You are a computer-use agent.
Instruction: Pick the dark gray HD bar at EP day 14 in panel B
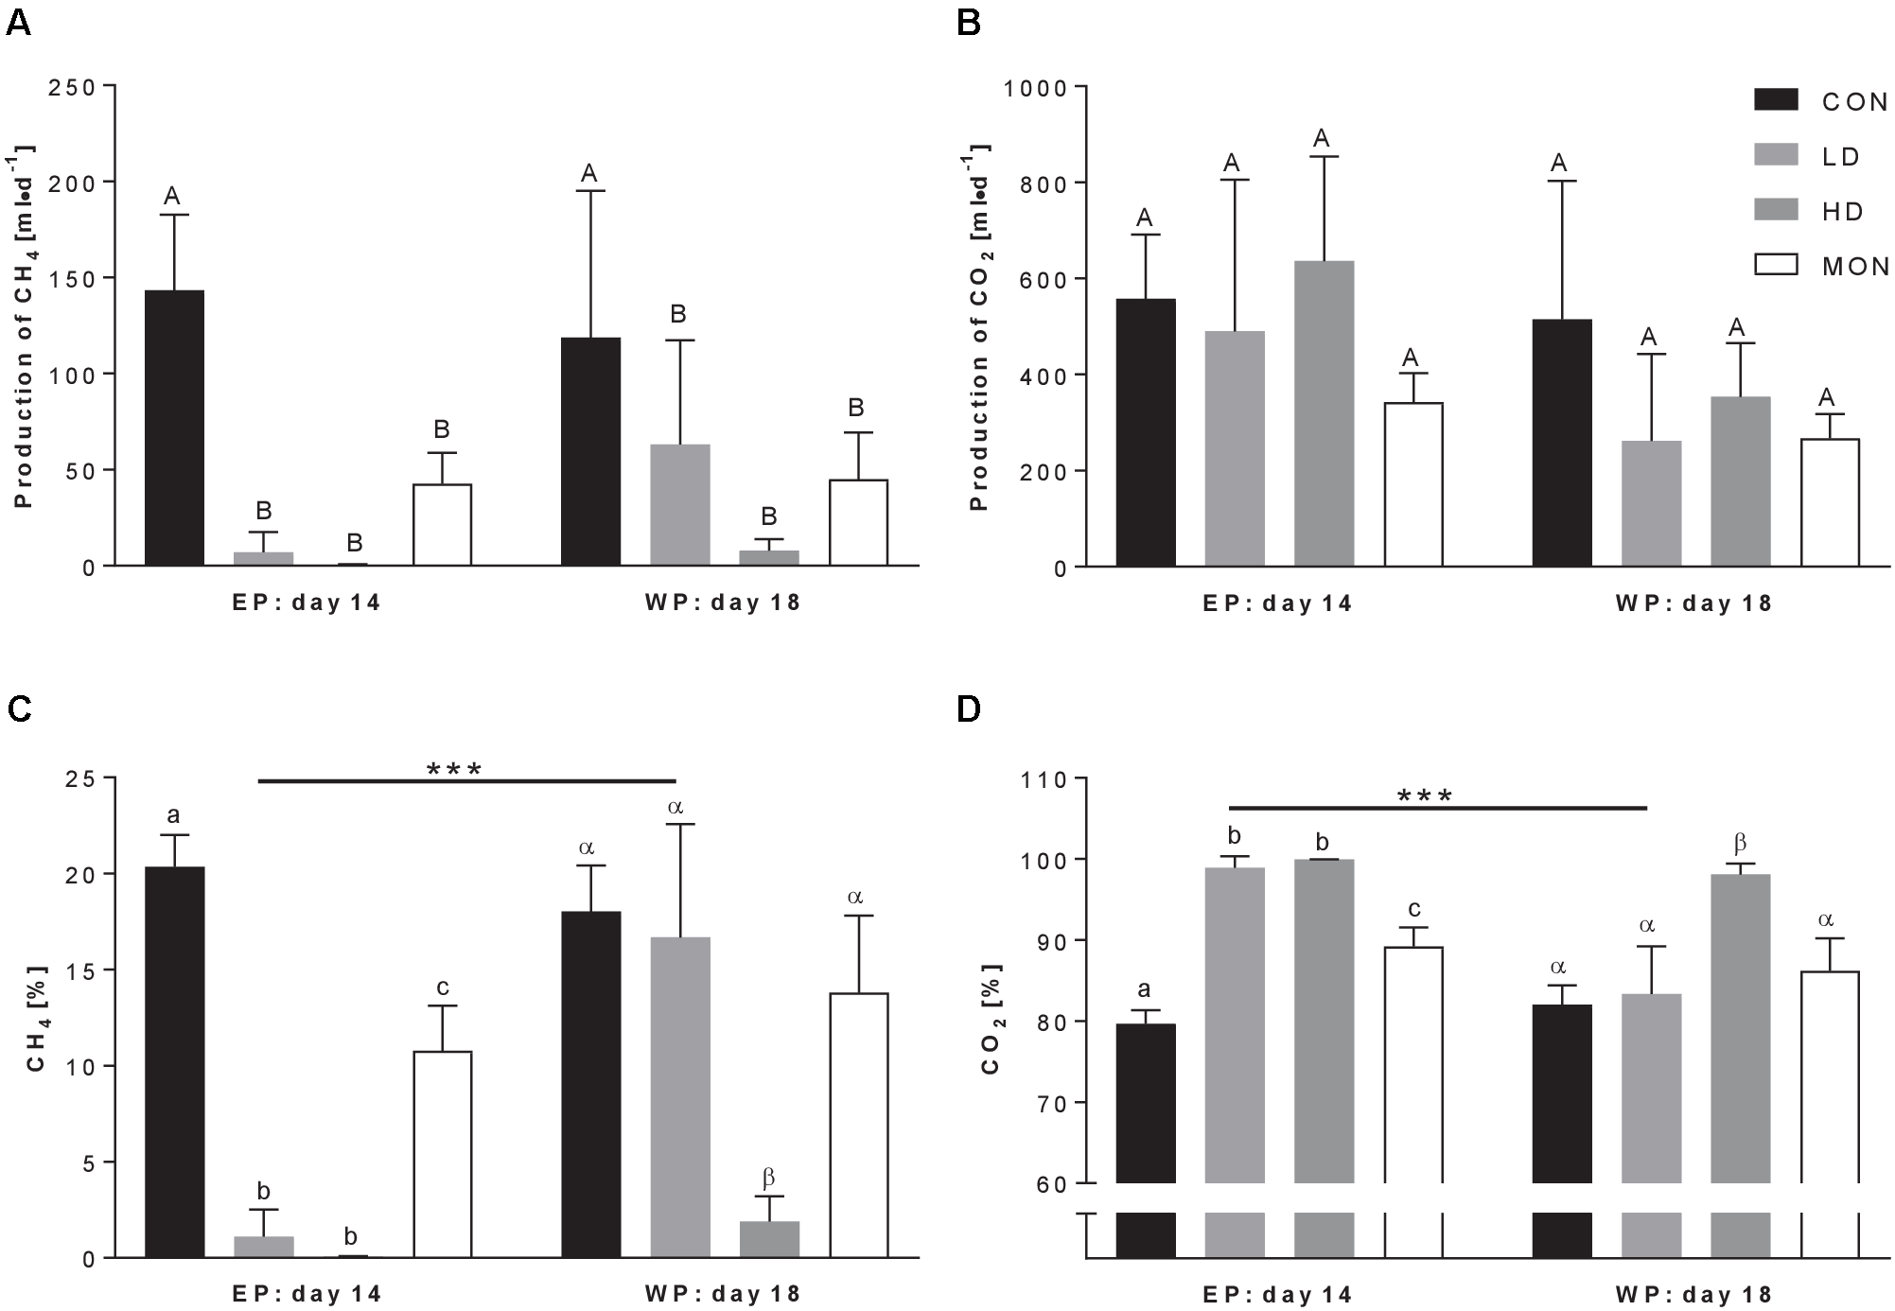click(1324, 413)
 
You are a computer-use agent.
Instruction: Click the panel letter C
click(18, 709)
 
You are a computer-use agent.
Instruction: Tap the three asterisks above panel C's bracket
click(454, 770)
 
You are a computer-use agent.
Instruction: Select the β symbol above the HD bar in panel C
click(768, 1178)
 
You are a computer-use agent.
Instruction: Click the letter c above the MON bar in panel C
click(442, 988)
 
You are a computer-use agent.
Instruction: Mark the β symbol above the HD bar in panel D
click(1739, 843)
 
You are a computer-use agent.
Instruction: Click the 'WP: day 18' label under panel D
click(1693, 1294)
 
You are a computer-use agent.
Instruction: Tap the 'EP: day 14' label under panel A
click(307, 603)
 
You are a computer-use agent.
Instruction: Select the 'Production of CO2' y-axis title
click(979, 326)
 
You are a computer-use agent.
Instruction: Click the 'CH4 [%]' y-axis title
click(36, 1018)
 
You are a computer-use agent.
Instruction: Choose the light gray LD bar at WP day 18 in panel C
click(680, 1097)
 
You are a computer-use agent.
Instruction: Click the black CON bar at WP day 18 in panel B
click(1562, 443)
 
